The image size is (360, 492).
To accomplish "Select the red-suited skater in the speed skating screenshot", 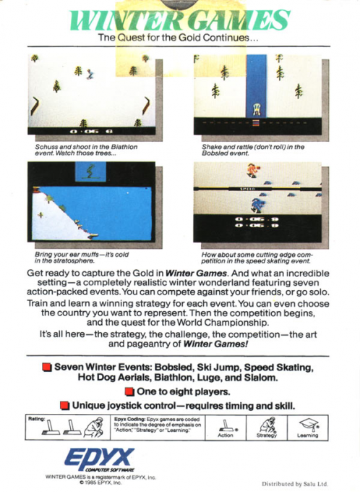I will coord(251,171).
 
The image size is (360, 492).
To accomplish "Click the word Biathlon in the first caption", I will coord(123,147).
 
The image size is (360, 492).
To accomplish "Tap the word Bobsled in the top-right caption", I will coord(217,154).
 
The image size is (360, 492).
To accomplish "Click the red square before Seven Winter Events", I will coord(47,368).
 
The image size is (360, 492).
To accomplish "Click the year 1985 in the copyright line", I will coord(94,483).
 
